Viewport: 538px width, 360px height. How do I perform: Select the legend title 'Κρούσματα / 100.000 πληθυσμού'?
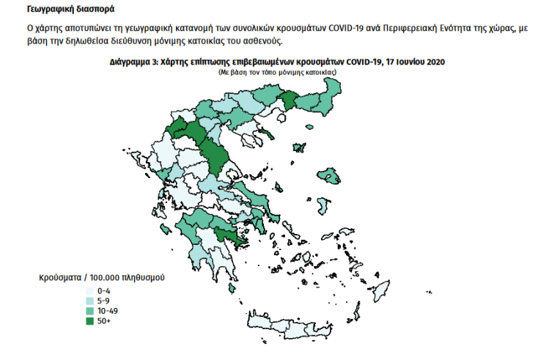pyautogui.click(x=100, y=279)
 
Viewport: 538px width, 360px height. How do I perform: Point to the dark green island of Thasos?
pyautogui.click(x=298, y=147)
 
